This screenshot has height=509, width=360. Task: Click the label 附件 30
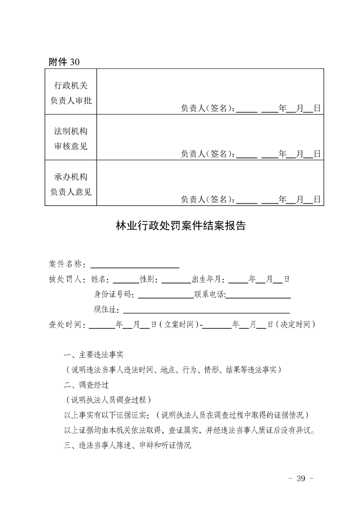click(64, 62)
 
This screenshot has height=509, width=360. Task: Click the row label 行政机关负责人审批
click(70, 92)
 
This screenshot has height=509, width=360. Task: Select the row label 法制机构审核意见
click(70, 138)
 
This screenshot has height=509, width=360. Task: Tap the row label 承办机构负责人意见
click(70, 184)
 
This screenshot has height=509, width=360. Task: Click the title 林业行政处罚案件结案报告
click(181, 225)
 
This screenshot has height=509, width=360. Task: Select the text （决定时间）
click(295, 324)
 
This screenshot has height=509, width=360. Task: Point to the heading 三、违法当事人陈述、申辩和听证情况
click(128, 445)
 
